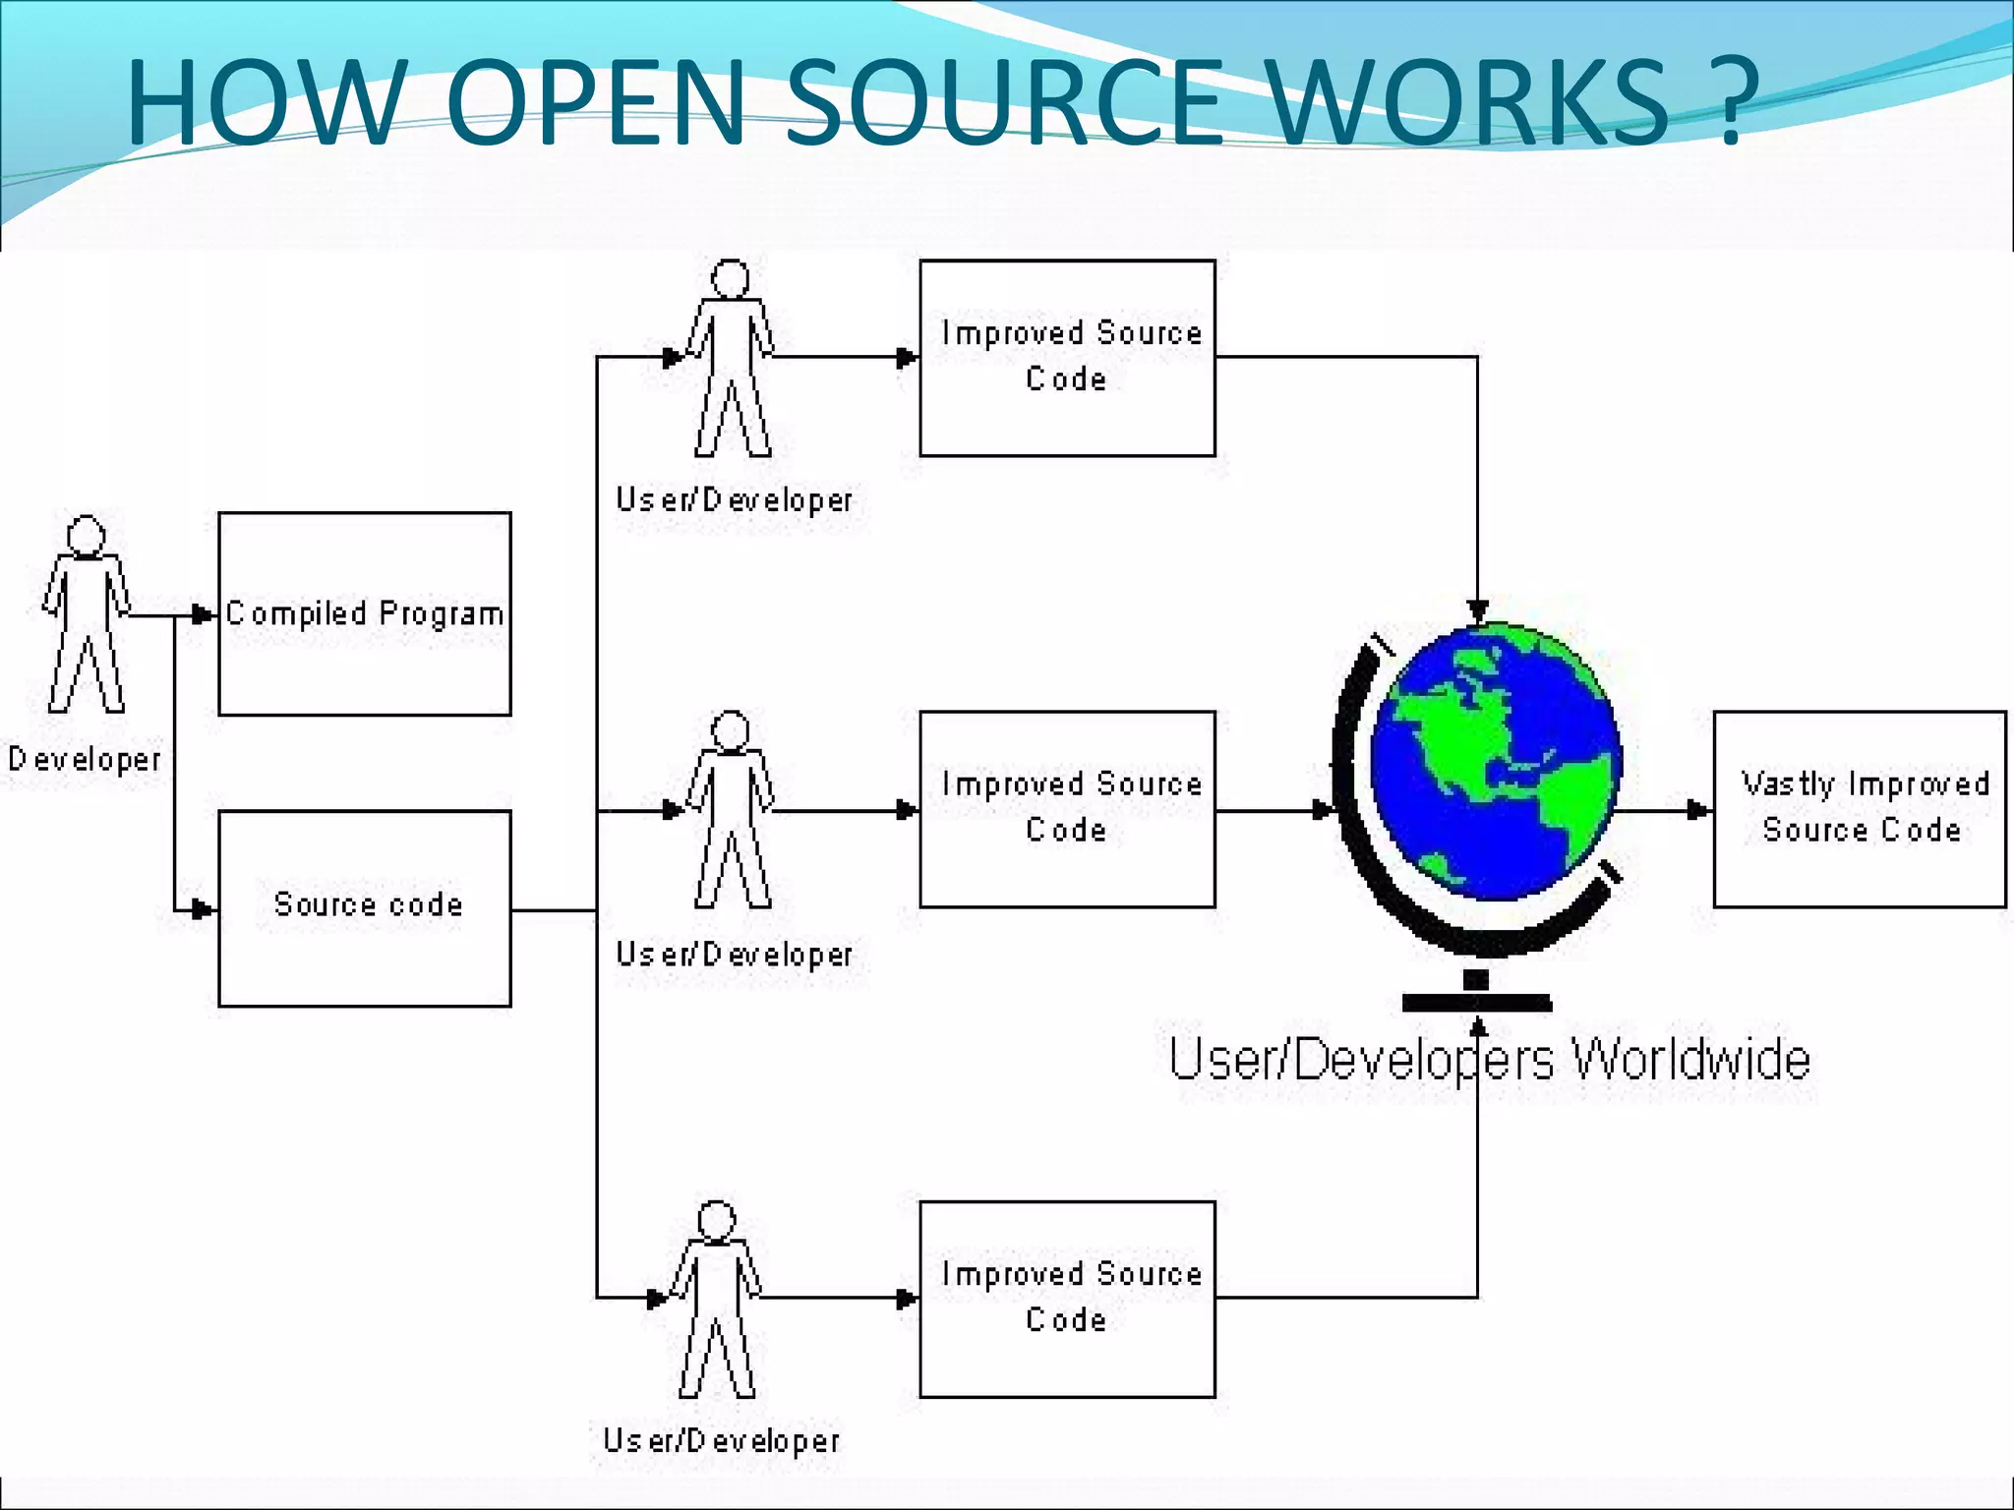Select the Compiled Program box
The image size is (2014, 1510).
pyautogui.click(x=364, y=613)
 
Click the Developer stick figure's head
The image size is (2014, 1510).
pyautogui.click(x=87, y=536)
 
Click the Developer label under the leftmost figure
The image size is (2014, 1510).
pyautogui.click(x=85, y=759)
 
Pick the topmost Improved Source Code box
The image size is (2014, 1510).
pyautogui.click(x=1067, y=358)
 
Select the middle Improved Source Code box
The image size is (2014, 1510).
pyautogui.click(x=1067, y=808)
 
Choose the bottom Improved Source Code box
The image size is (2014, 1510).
pyautogui.click(x=1067, y=1299)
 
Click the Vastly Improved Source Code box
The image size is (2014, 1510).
pyautogui.click(x=1859, y=808)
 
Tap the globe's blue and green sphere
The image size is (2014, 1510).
pyautogui.click(x=1495, y=762)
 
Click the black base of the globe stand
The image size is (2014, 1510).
pyautogui.click(x=1476, y=1003)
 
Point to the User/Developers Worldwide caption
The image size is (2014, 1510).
pyautogui.click(x=1489, y=1060)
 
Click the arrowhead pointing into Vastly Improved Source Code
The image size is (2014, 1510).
pyautogui.click(x=1699, y=810)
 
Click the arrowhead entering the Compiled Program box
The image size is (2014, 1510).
pyautogui.click(x=203, y=615)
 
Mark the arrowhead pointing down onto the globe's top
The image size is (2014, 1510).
pyautogui.click(x=1477, y=611)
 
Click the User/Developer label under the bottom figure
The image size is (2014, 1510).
pyautogui.click(x=721, y=1441)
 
